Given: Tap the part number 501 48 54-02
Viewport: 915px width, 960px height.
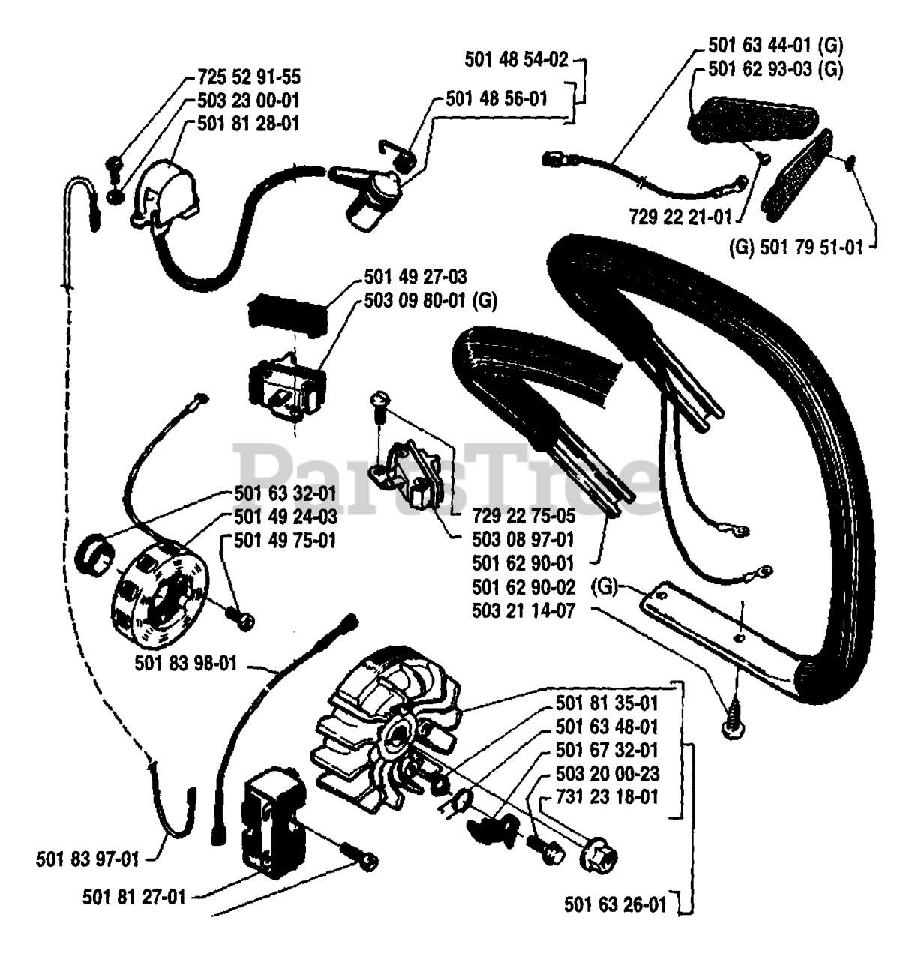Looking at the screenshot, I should pyautogui.click(x=517, y=58).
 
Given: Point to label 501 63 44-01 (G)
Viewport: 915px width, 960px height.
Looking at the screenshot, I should pyautogui.click(x=775, y=46).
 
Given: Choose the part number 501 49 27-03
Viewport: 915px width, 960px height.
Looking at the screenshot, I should pyautogui.click(x=415, y=277).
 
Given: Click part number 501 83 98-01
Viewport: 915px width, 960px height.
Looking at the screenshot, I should pyautogui.click(x=187, y=663).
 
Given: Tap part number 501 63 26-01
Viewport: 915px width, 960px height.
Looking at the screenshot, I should pyautogui.click(x=615, y=905).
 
